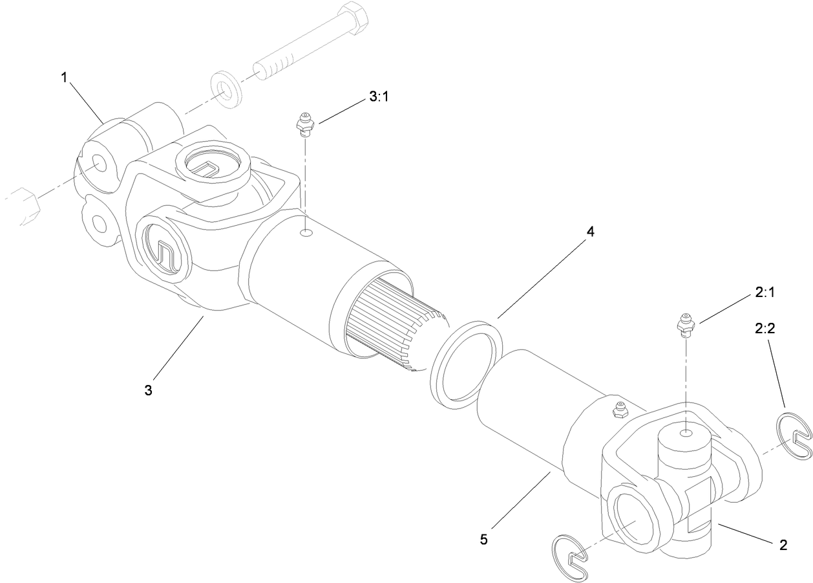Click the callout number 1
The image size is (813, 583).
pyautogui.click(x=64, y=77)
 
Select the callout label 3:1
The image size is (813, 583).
pyautogui.click(x=379, y=97)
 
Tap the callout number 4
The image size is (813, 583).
pyautogui.click(x=589, y=232)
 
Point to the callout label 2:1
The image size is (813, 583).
pyautogui.click(x=765, y=292)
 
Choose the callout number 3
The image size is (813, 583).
pyautogui.click(x=148, y=390)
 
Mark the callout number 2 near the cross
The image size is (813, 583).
pyautogui.click(x=783, y=545)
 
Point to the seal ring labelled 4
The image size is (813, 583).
pyautogui.click(x=466, y=364)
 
